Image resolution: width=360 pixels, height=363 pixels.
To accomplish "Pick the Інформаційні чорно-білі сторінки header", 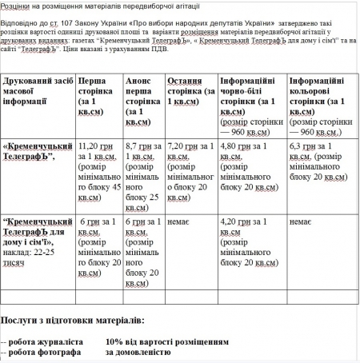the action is [250, 99].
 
